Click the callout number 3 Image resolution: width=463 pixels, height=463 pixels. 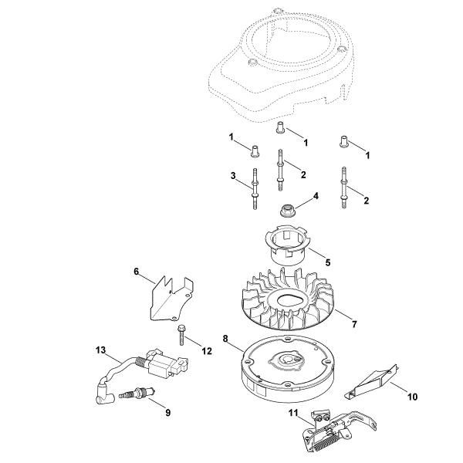[x=233, y=177]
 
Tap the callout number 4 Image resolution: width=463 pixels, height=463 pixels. [x=316, y=197]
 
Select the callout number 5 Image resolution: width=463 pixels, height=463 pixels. [x=327, y=262]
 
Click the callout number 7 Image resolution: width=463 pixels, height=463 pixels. [x=354, y=324]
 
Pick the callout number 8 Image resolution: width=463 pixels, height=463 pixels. [x=225, y=337]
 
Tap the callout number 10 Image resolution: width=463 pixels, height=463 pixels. [x=412, y=397]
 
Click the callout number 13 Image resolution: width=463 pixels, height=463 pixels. [x=100, y=350]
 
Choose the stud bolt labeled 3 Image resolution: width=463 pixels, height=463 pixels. [x=252, y=189]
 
